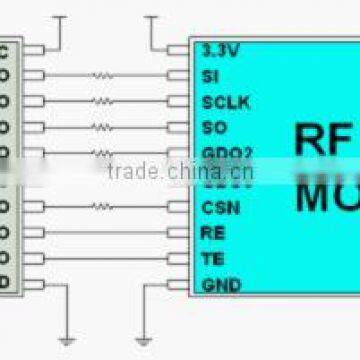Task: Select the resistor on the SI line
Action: pos(103,75)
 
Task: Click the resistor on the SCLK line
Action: pos(103,101)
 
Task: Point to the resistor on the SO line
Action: pos(103,127)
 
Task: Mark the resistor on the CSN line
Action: pos(103,207)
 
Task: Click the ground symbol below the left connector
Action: pos(65,339)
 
